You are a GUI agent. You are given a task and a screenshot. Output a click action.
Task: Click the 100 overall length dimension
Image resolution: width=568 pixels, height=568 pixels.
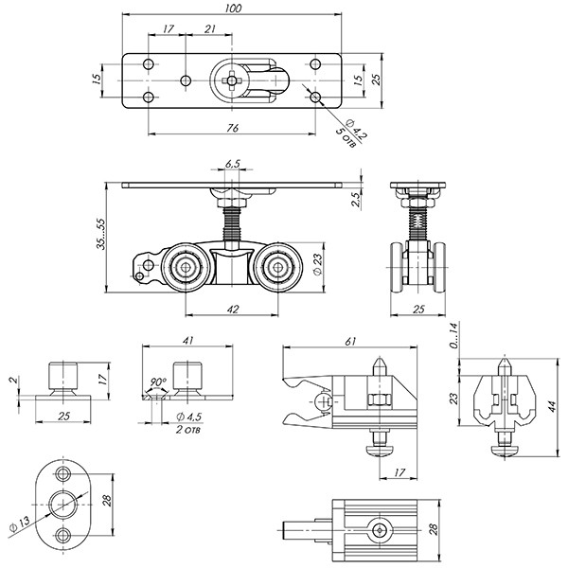click(x=233, y=9)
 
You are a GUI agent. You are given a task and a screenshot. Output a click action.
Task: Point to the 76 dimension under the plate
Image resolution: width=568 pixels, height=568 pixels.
click(x=233, y=127)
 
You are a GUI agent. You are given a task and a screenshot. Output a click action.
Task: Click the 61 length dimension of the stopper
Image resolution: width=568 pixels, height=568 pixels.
click(x=351, y=341)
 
